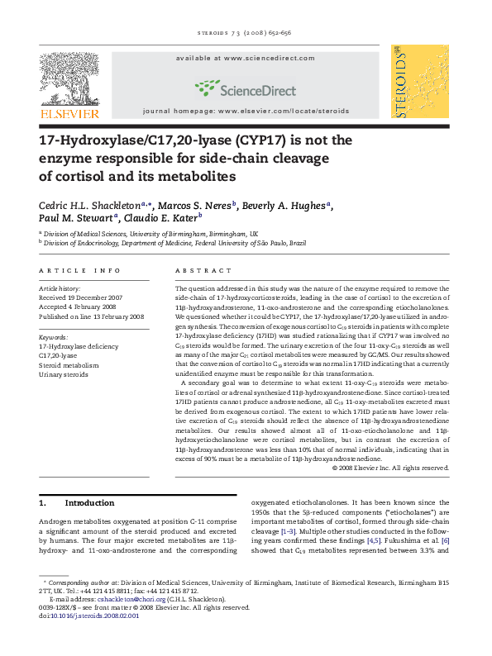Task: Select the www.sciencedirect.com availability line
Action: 246,59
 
